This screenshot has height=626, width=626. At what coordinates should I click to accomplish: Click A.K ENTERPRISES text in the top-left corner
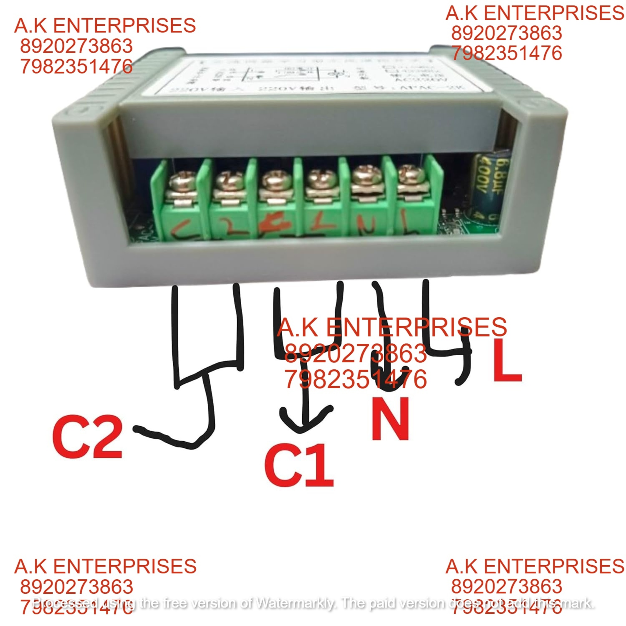(105, 26)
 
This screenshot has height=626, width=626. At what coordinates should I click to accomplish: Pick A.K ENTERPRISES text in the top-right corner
(535, 13)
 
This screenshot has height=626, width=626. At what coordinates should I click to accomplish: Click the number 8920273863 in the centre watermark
(355, 353)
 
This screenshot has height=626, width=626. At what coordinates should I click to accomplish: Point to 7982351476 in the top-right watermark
(507, 53)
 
